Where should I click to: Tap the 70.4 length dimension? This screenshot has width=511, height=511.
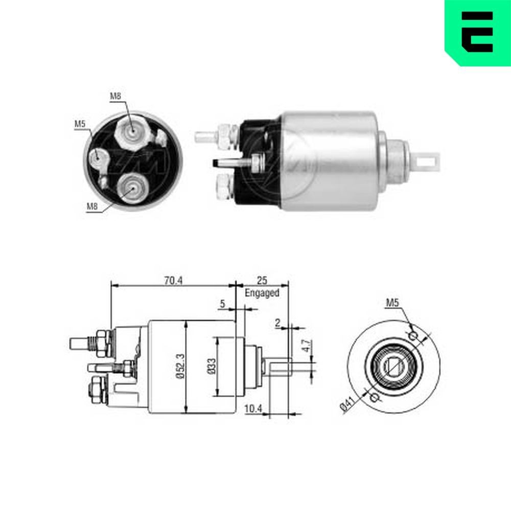173,280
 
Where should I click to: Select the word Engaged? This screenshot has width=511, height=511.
262,293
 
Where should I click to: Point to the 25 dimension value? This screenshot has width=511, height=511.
262,281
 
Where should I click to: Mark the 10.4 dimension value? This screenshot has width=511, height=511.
253,409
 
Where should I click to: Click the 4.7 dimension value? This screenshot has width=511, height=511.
305,346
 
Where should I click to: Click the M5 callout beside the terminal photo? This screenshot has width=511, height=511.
79,124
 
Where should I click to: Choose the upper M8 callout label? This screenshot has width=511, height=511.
115,96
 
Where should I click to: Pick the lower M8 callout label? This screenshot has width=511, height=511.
92,206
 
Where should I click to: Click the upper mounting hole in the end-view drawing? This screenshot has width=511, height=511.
414,335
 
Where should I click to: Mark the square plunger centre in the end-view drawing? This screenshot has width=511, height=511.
394,366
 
